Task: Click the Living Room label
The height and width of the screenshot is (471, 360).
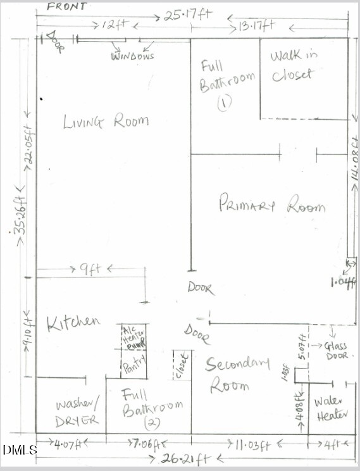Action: coord(106,122)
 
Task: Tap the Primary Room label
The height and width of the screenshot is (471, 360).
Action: coord(271,204)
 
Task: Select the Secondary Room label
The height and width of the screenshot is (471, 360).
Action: coord(237,374)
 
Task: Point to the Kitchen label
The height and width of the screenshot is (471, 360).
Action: coord(73,322)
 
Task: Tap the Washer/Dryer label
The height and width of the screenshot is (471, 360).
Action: coord(77,412)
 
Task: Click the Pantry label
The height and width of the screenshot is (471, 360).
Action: coord(134,365)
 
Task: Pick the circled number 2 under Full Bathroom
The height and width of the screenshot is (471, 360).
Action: coord(151,422)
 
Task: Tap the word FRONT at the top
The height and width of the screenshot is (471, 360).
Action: coord(68,5)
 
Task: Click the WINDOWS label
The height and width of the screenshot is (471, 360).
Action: coord(133,56)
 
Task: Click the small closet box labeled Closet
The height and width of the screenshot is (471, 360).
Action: coord(182,365)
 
